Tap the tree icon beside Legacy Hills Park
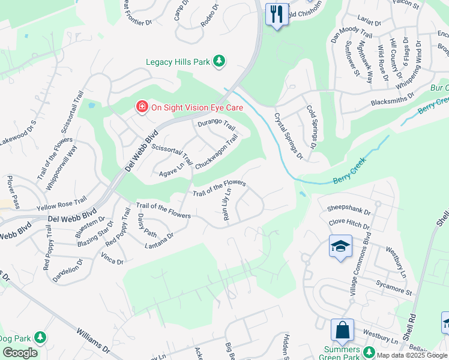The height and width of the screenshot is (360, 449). point(220,61)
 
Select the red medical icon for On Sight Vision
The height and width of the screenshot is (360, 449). point(142,107)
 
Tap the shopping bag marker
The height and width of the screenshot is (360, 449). point(342,330)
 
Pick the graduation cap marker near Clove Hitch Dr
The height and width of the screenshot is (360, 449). point(340,246)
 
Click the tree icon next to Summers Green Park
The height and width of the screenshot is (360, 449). point(370,350)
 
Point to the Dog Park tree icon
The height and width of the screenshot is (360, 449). point(40,338)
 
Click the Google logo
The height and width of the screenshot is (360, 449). point(20,353)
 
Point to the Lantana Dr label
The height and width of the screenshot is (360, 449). point(159,241)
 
